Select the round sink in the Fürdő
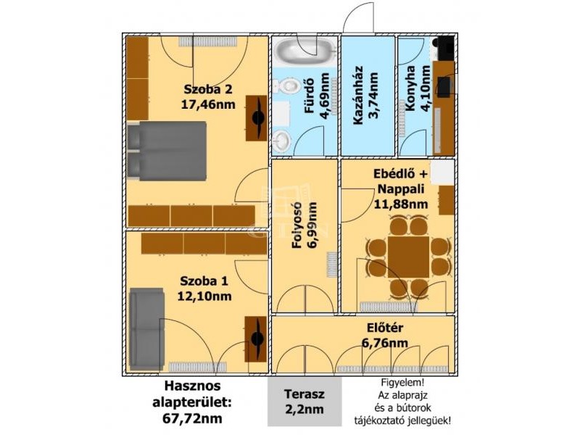(x=282, y=141)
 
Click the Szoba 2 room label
(x=208, y=89)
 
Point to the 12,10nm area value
(x=204, y=297)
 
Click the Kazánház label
(x=357, y=95)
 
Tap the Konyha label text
(x=410, y=88)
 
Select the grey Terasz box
(x=304, y=402)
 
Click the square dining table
(x=409, y=257)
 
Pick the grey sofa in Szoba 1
(x=147, y=330)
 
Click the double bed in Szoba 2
(x=167, y=151)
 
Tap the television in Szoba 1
(x=256, y=339)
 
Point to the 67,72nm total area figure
(x=192, y=419)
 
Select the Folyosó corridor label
(x=298, y=225)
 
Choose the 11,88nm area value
(x=401, y=204)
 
